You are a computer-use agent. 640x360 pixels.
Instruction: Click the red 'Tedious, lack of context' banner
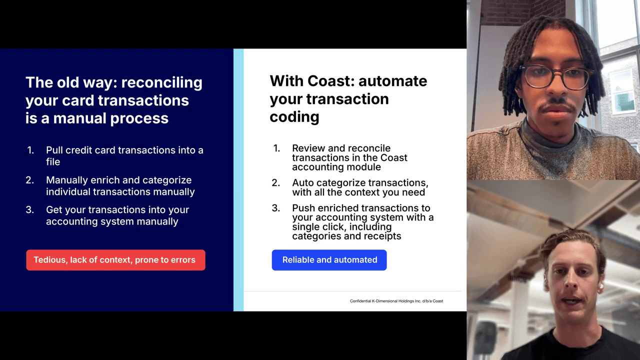pos(115,260)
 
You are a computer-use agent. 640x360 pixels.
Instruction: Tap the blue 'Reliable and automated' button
pos(329,260)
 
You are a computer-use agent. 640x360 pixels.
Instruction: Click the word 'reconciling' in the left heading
pos(161,82)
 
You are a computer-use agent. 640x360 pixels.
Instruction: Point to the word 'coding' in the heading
pos(294,117)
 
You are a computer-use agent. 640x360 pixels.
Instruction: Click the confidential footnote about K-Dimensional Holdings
pos(396,301)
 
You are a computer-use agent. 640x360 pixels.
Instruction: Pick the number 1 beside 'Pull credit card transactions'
pos(30,150)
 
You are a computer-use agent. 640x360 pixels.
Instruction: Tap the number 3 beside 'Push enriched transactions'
pos(275,207)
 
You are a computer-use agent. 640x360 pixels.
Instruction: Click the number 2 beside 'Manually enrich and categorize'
pos(29,180)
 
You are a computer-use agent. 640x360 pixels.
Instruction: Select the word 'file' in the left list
pos(53,161)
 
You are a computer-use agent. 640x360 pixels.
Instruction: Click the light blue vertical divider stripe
pos(238,179)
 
